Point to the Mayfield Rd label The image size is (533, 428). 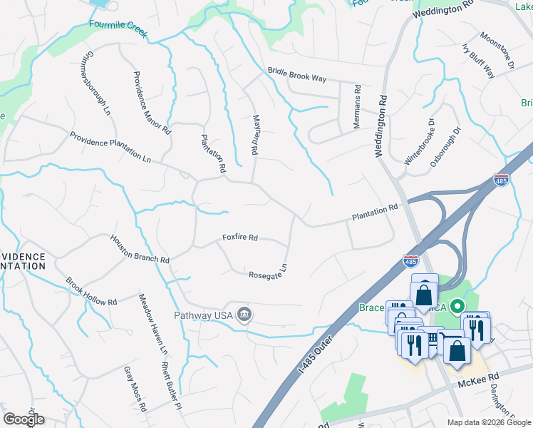tap(254, 135)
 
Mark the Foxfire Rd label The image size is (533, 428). tap(239, 238)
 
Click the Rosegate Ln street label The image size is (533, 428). tap(267, 272)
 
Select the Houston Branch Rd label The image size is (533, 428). tap(140, 250)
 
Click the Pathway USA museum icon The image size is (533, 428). tap(244, 315)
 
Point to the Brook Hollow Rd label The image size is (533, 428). tap(91, 292)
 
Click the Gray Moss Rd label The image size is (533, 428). tap(134, 389)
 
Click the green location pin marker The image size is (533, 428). tap(459, 305)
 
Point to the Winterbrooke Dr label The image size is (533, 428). tap(418, 143)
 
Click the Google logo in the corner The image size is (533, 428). tap(24, 419)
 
